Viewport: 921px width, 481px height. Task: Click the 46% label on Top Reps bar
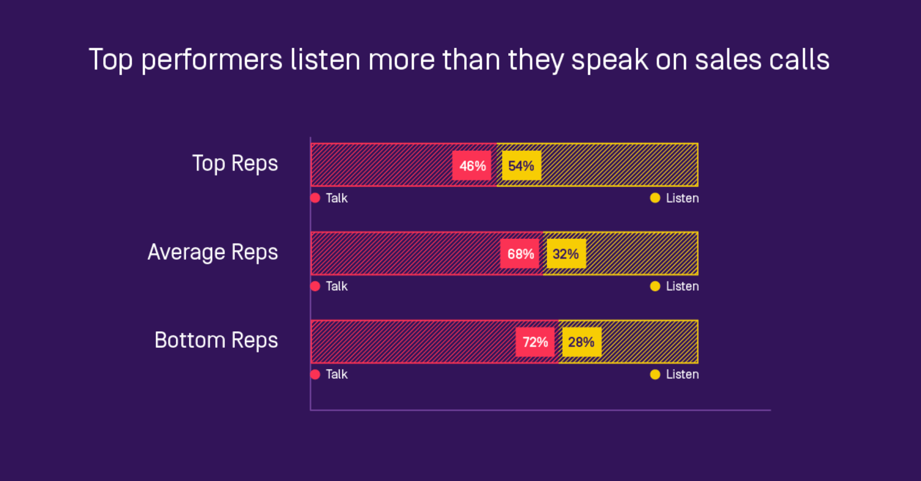pyautogui.click(x=472, y=166)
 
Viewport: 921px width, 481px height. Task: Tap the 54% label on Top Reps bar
pyautogui.click(x=521, y=166)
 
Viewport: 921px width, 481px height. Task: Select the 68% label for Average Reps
pyautogui.click(x=520, y=254)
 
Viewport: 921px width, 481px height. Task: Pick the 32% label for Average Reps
pyautogui.click(x=566, y=254)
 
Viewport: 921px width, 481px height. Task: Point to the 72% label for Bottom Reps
pyautogui.click(x=535, y=342)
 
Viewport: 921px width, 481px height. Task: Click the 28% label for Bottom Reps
pyautogui.click(x=581, y=342)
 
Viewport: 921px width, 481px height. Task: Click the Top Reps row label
pyautogui.click(x=235, y=164)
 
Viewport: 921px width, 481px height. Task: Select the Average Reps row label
pyautogui.click(x=213, y=252)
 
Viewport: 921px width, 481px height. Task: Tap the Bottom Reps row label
pyautogui.click(x=216, y=341)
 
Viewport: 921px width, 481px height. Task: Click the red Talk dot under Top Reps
pyautogui.click(x=315, y=198)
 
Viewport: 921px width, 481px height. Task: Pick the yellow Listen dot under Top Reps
pyautogui.click(x=655, y=198)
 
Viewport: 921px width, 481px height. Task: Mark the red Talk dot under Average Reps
pyautogui.click(x=315, y=286)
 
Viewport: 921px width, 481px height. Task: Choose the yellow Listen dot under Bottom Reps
pyautogui.click(x=655, y=374)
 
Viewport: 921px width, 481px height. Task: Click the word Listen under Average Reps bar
pyautogui.click(x=682, y=286)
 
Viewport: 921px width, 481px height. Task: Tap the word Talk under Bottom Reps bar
pyautogui.click(x=337, y=374)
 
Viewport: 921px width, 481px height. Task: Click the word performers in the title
pyautogui.click(x=212, y=60)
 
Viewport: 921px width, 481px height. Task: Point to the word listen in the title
pyautogui.click(x=325, y=59)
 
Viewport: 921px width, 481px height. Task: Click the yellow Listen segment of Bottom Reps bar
pyautogui.click(x=648, y=342)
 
